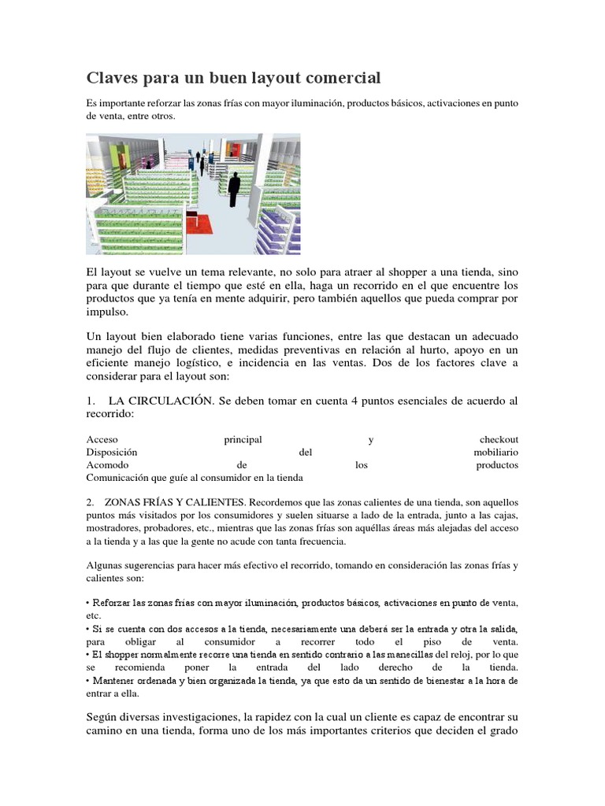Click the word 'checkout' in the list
click(499, 439)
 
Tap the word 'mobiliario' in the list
click(496, 452)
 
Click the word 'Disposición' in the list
click(112, 452)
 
